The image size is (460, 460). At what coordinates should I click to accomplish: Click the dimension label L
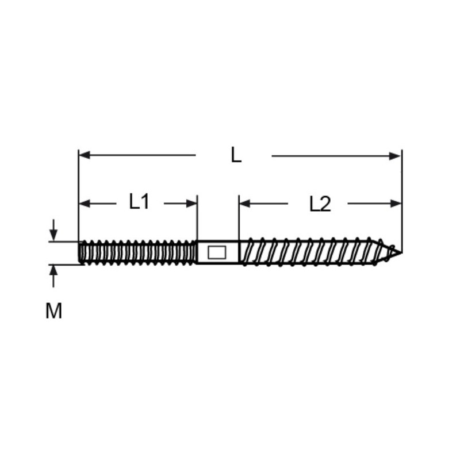click(236, 155)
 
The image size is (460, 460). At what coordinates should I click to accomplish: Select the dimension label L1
click(139, 202)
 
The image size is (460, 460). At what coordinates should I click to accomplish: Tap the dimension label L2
click(320, 204)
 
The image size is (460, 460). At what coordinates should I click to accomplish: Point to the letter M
click(53, 311)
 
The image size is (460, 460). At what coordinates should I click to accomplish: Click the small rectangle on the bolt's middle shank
click(217, 252)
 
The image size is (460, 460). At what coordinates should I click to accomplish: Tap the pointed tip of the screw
click(400, 252)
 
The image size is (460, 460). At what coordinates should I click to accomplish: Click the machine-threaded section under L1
click(138, 252)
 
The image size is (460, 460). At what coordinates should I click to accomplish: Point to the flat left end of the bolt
click(79, 252)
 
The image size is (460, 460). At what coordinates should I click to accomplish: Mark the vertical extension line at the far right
click(401, 190)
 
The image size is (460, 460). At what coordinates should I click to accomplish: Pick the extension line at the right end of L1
click(197, 218)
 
